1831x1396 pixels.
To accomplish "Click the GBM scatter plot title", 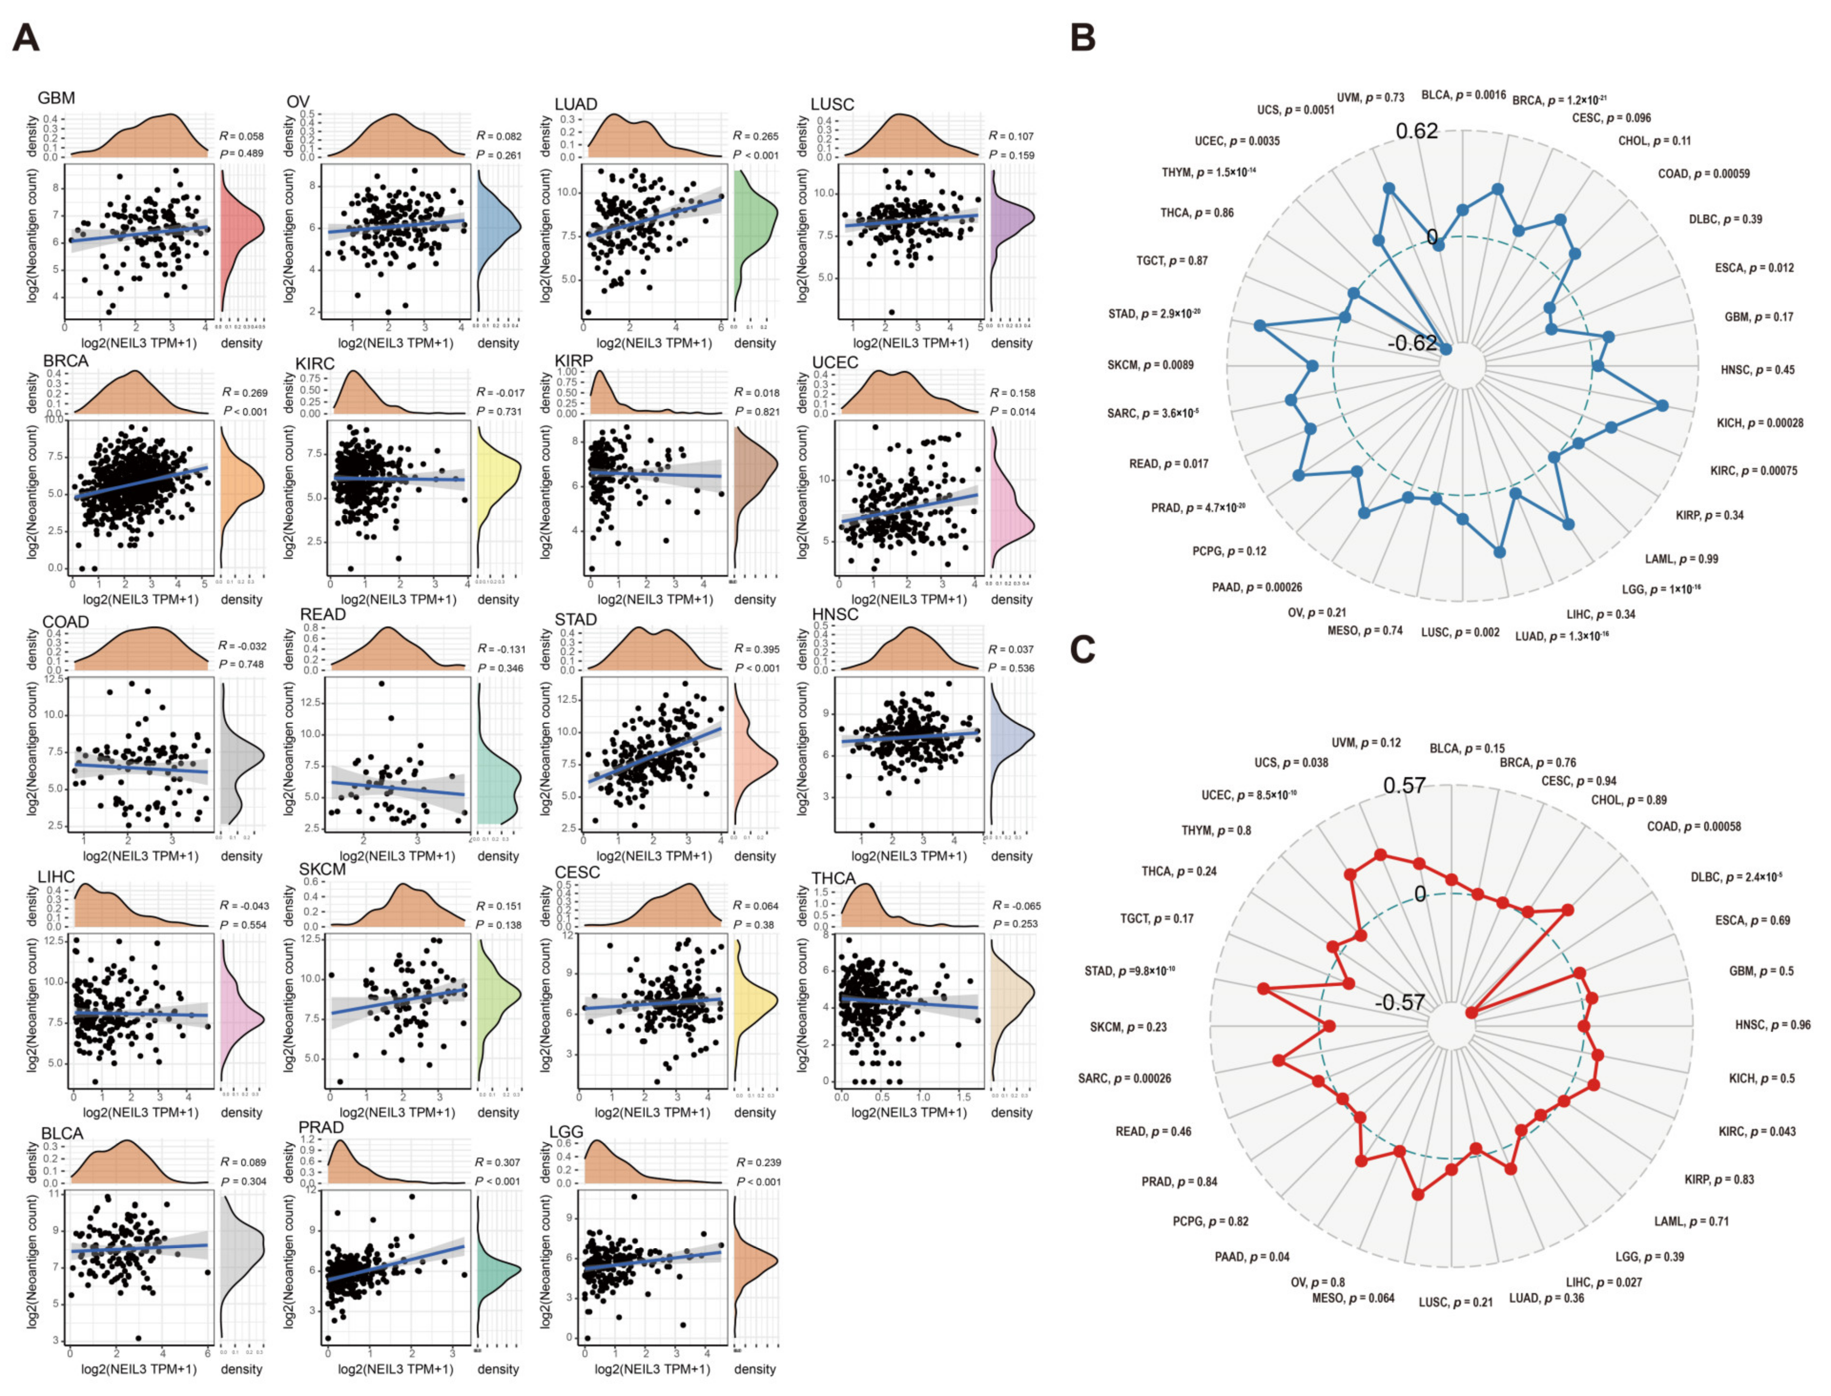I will tap(56, 99).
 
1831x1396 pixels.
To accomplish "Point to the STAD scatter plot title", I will tap(575, 620).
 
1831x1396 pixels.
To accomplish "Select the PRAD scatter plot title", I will tap(321, 1128).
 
